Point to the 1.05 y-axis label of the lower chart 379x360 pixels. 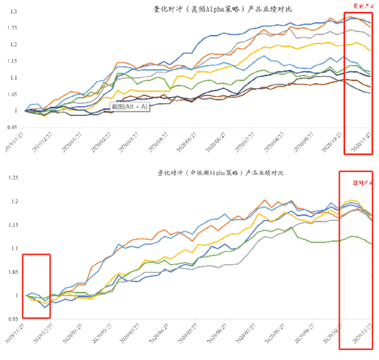[x=13, y=272]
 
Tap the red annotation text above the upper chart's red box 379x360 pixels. [x=362, y=6]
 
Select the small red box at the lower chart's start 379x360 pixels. [x=36, y=286]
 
